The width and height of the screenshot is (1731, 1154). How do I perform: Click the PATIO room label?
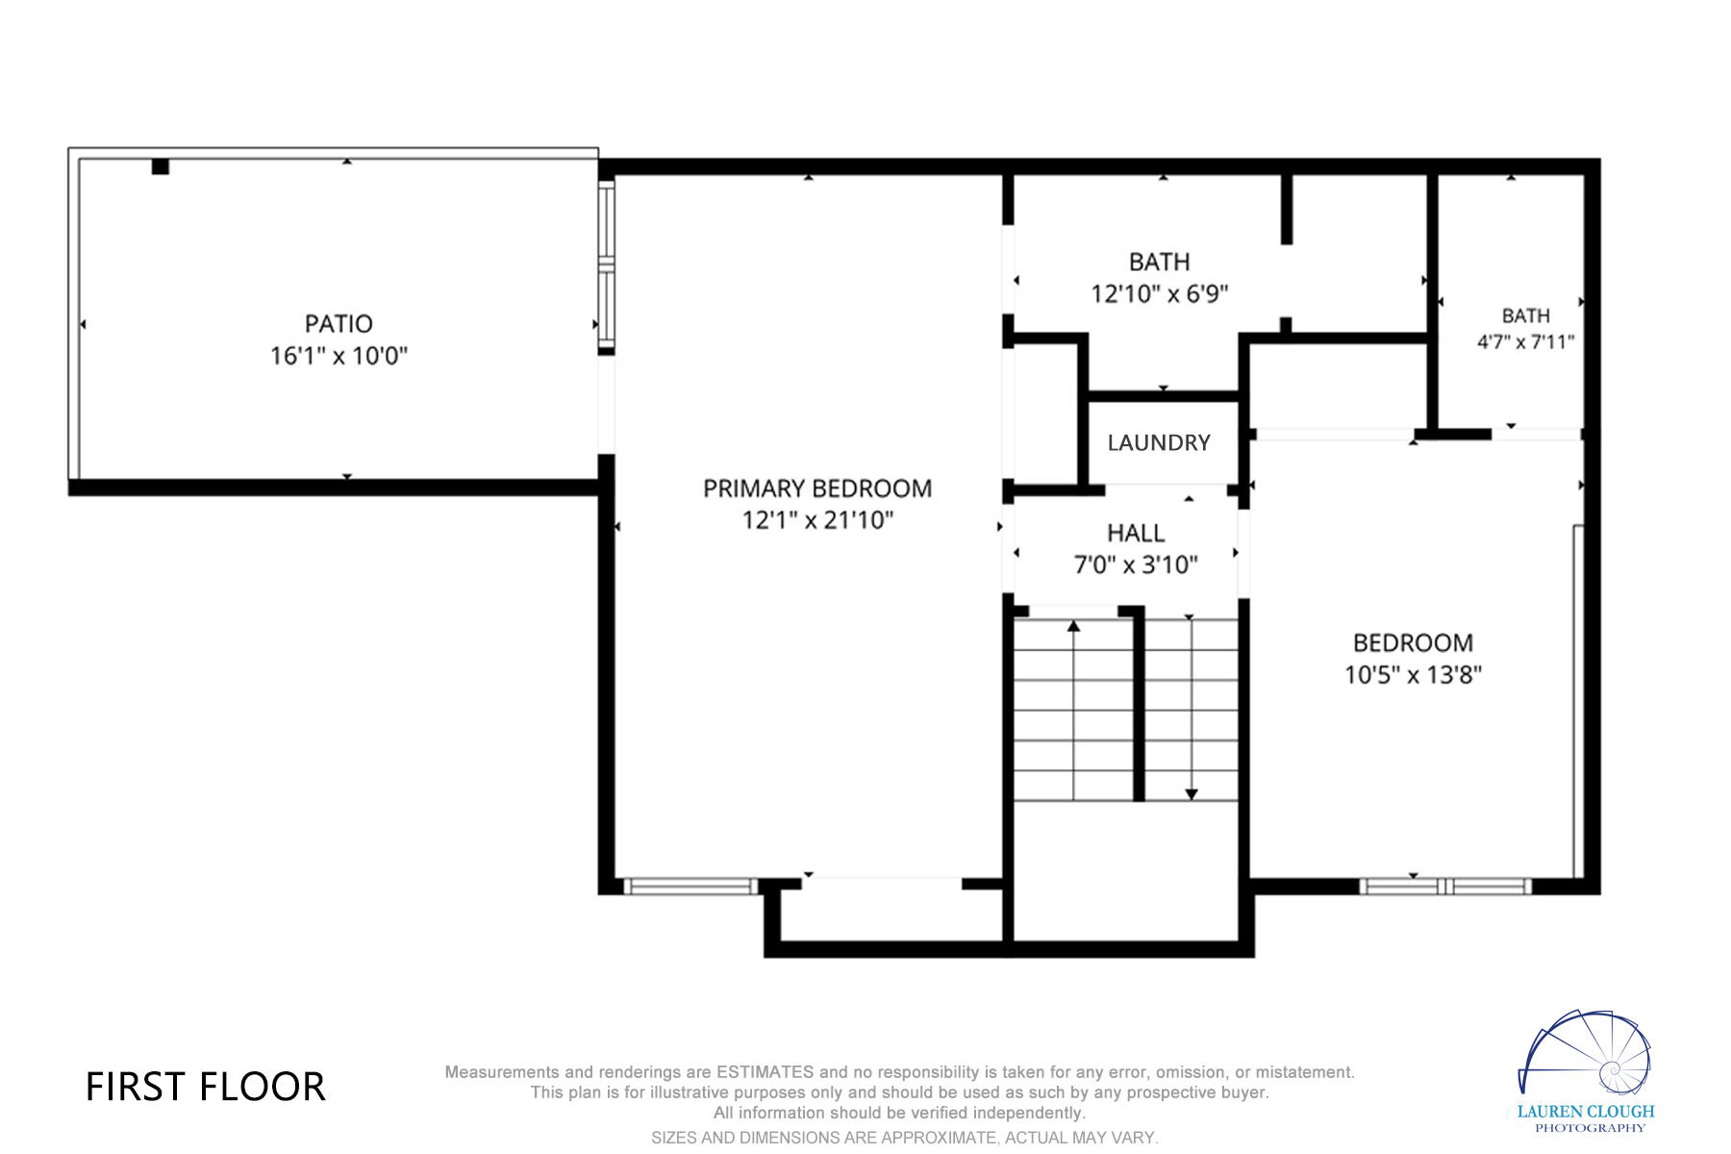pos(339,324)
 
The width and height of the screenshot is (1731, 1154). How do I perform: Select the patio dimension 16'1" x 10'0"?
pos(339,356)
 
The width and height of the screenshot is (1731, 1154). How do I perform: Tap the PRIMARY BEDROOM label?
pos(817,489)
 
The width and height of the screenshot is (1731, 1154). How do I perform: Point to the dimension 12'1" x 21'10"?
pos(817,520)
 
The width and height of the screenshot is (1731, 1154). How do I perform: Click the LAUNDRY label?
pos(1159,442)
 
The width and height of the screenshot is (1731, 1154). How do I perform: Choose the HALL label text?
pos(1136,533)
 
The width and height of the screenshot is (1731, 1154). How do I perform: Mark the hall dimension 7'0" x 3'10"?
pos(1136,564)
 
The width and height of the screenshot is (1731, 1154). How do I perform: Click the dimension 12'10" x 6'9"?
pos(1160,293)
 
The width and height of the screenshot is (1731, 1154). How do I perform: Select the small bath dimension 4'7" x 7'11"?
pos(1525,341)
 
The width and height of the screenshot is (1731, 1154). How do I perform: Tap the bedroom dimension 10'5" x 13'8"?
pos(1413,674)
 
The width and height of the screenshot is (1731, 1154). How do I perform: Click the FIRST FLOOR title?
pos(206,1087)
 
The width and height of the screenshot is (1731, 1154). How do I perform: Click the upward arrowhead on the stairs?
pos(1073,626)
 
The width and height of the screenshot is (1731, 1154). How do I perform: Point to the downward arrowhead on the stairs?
pos(1192,794)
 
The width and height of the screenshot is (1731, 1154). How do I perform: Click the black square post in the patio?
pos(161,166)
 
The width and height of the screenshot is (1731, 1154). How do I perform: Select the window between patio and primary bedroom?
pos(606,266)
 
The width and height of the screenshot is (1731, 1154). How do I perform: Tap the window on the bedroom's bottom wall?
pos(1445,886)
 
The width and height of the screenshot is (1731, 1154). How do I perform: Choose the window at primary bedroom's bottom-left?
pos(690,886)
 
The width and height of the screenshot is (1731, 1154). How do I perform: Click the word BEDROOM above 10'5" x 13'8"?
pos(1413,642)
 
